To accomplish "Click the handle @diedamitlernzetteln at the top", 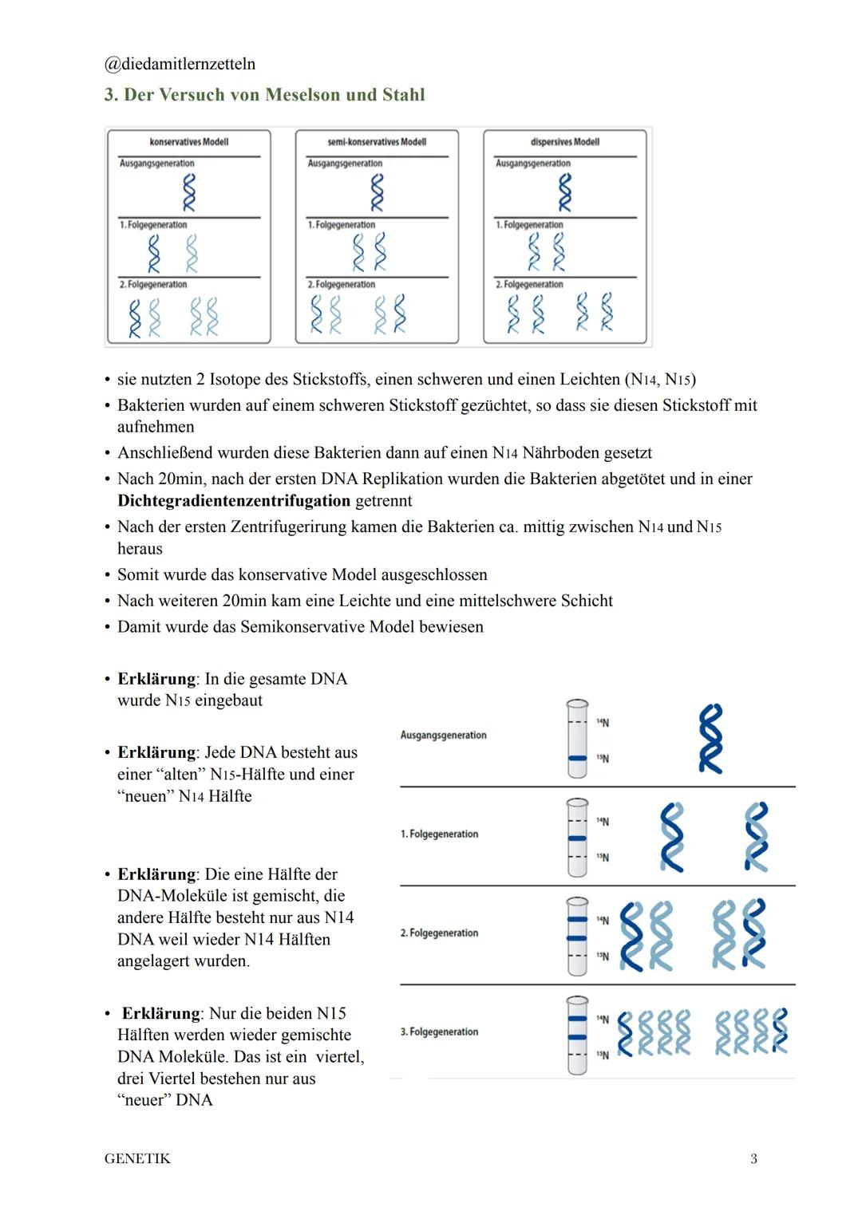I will pos(180,64).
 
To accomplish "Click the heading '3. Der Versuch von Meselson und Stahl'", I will pos(264,95).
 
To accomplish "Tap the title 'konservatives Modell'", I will pos(189,142).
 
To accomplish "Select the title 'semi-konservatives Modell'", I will pos(377,142).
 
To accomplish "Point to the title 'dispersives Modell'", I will pos(564,142).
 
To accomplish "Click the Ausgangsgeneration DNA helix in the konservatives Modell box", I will pos(189,192).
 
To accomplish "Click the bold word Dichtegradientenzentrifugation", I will pos(234,501).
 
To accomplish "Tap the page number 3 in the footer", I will pos(753,1158).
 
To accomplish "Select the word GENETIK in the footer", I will pos(137,1158).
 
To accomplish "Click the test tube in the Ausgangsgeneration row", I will pos(576,739).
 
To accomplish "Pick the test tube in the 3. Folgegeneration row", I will pos(576,1035).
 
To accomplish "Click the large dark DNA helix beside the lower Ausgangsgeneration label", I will pos(710,739).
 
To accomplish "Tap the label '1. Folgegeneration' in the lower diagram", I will pos(439,834).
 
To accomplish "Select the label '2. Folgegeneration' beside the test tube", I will pos(439,933).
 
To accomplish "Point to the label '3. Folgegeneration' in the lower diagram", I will pos(439,1032).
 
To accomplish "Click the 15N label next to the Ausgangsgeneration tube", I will pos(603,759).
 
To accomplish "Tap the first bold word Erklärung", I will pos(156,679).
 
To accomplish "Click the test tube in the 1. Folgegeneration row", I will pos(576,838).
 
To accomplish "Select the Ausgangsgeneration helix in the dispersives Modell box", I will pos(564,192).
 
